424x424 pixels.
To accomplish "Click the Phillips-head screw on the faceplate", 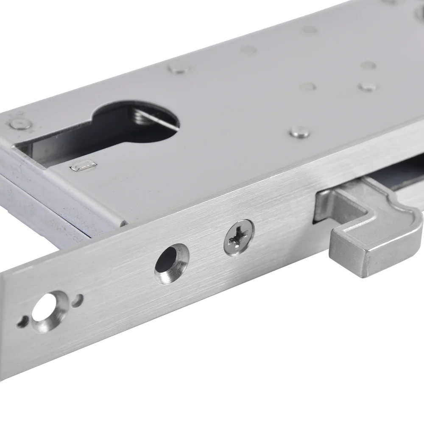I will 239,237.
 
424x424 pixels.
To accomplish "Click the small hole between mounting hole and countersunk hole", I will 77,301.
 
